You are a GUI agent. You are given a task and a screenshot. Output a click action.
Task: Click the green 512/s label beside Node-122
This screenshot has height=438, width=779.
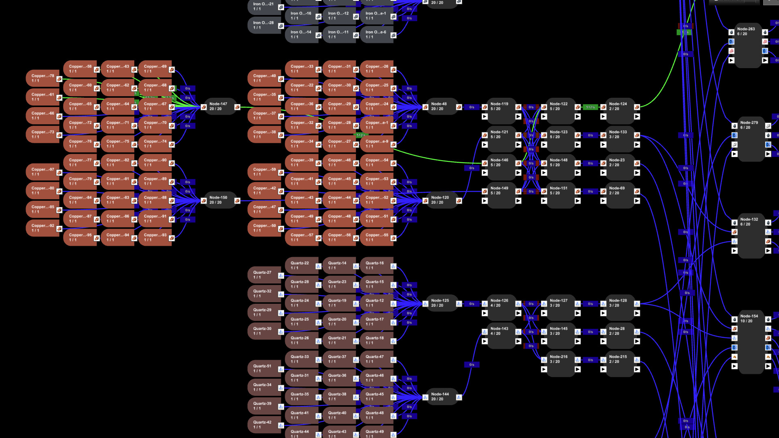tap(590, 107)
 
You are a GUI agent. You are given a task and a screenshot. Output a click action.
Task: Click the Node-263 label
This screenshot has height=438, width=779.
tap(746, 29)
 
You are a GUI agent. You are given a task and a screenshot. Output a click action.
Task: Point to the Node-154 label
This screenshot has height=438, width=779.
tap(749, 316)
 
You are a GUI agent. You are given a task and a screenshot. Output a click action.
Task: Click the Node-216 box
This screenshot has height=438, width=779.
tap(560, 360)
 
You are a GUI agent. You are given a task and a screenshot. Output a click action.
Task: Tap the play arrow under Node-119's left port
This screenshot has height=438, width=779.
tap(485, 117)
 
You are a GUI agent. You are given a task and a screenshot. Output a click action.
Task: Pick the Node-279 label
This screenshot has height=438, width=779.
tap(749, 123)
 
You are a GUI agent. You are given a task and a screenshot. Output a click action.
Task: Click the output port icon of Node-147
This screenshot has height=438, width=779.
tap(237, 107)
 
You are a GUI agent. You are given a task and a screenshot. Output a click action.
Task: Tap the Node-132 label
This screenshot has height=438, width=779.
tap(749, 219)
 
